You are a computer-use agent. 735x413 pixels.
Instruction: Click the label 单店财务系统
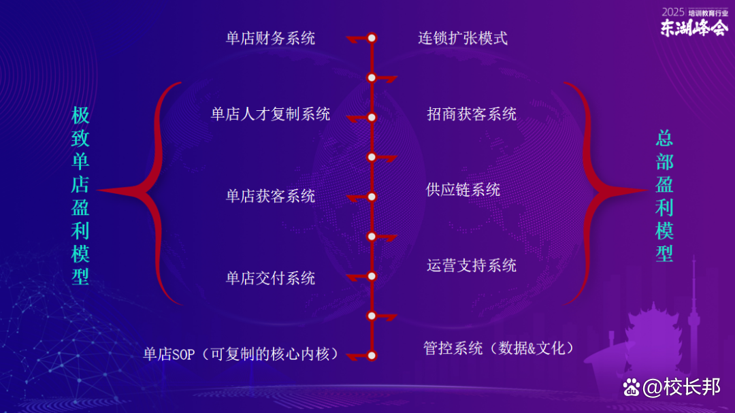coord(270,38)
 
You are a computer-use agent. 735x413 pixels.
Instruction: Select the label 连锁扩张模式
coord(463,38)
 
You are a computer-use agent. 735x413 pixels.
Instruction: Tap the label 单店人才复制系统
coord(270,114)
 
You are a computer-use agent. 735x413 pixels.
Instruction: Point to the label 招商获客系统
coord(472,114)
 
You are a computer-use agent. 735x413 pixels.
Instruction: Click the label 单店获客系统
coord(270,197)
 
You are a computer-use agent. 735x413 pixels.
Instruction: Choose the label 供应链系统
coord(463,189)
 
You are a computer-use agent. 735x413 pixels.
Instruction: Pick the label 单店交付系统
coord(270,278)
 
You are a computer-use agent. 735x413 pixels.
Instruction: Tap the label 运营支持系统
coord(472,265)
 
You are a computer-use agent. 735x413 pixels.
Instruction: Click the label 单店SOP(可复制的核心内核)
coord(241,354)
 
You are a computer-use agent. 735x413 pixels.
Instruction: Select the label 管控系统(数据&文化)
coord(499,348)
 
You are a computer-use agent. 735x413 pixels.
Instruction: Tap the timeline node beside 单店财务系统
coord(372,38)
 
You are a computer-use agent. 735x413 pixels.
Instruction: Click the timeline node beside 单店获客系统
coord(372,197)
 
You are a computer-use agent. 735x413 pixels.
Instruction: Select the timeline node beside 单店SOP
coord(372,354)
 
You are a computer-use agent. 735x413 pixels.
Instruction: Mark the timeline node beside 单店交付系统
coord(372,276)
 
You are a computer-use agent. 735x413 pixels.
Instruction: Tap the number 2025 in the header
coord(672,12)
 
